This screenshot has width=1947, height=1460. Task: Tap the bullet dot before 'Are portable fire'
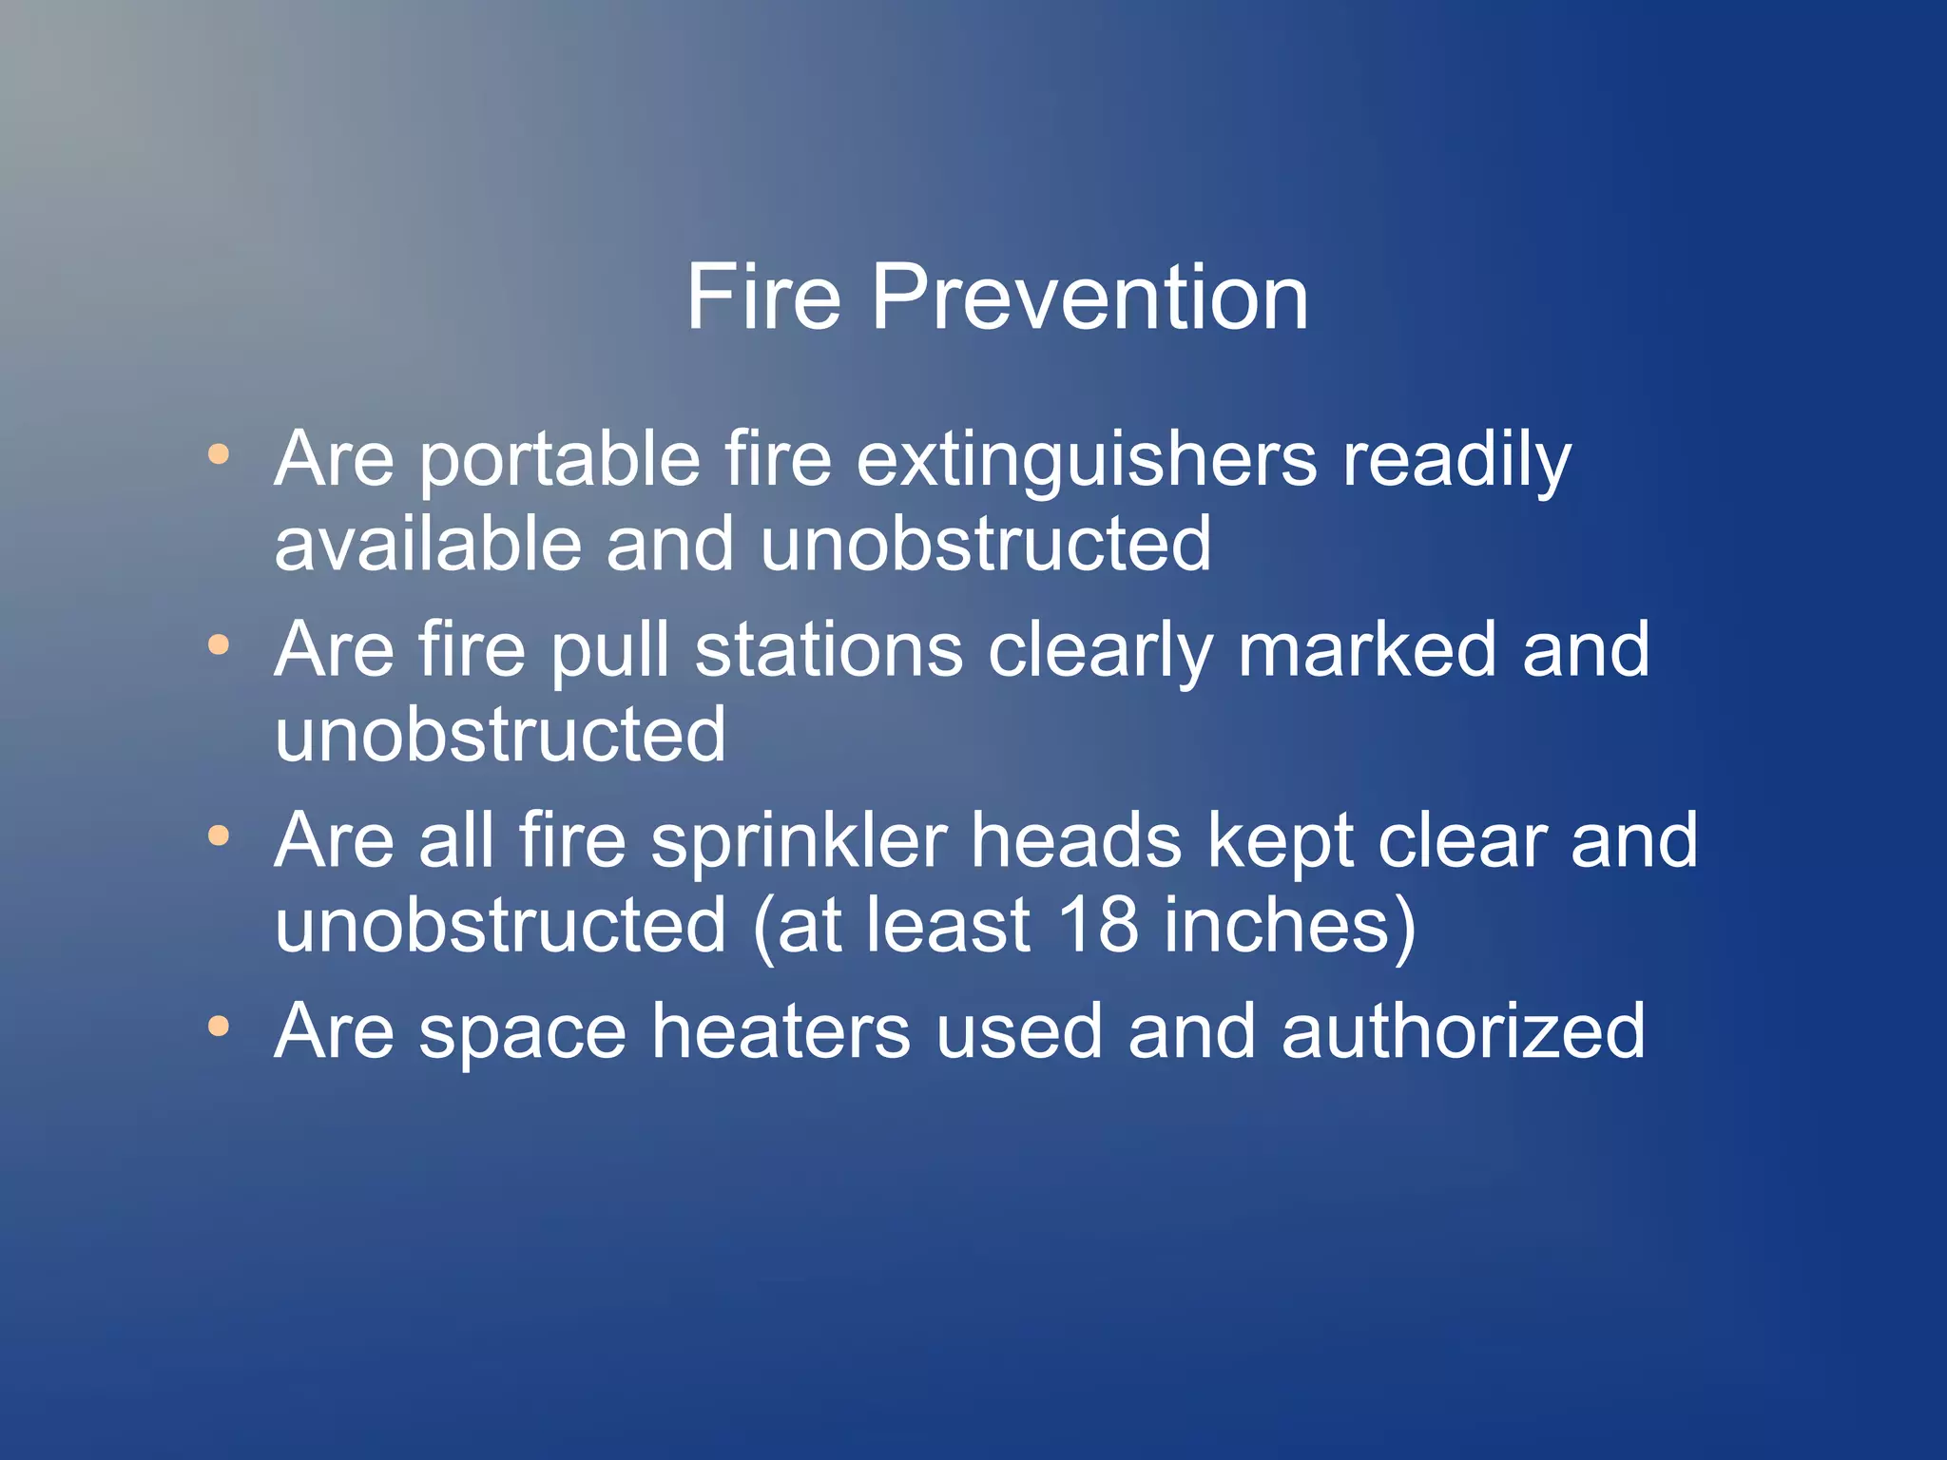pyautogui.click(x=219, y=454)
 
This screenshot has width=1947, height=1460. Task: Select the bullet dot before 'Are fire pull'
pyautogui.click(x=219, y=645)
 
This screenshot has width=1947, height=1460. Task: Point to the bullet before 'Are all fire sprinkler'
pyautogui.click(x=219, y=836)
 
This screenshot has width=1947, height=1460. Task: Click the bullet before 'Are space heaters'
pyautogui.click(x=219, y=1027)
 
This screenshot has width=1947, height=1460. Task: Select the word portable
pyautogui.click(x=560, y=461)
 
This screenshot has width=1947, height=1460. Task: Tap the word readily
pyautogui.click(x=1455, y=461)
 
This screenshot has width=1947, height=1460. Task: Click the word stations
pyautogui.click(x=828, y=650)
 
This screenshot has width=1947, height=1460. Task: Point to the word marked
pyautogui.click(x=1366, y=650)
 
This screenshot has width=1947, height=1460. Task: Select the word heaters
pyautogui.click(x=781, y=1031)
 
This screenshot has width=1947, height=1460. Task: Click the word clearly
pyautogui.click(x=1100, y=652)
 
